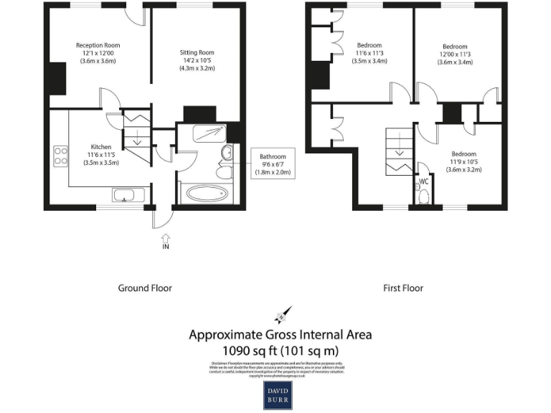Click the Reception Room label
click(96, 45)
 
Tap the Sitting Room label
click(197, 52)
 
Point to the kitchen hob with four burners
click(60, 156)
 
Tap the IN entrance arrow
click(165, 239)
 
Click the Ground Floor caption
click(145, 288)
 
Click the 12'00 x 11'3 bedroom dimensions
click(455, 54)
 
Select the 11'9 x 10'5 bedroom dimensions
click(463, 162)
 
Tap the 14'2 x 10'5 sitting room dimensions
click(197, 60)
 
